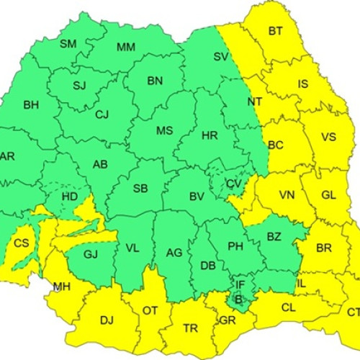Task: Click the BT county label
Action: coord(276,31)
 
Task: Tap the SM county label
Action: coord(68,44)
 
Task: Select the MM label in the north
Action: coord(126,48)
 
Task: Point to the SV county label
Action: coord(222,57)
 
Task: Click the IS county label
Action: coord(303,84)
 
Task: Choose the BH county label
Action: coord(31,105)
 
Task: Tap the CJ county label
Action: coord(102,114)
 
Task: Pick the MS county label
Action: coord(165,130)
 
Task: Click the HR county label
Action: coord(210,135)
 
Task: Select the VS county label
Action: coord(328,137)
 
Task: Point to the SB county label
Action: coord(141,189)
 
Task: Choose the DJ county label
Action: coord(107,319)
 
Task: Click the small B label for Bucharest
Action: coord(238,299)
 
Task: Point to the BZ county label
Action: coord(274,237)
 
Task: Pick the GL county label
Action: coord(328,195)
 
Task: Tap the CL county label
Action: coord(289,306)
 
